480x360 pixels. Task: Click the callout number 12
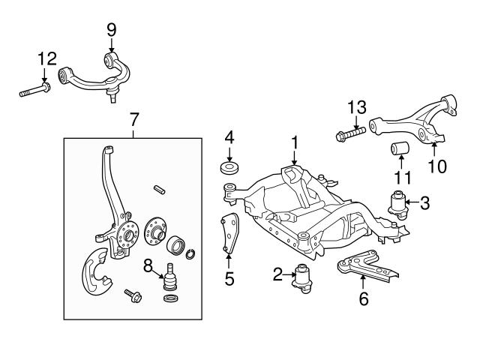point(46,58)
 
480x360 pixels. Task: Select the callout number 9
point(111,30)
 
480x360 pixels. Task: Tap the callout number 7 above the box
point(133,118)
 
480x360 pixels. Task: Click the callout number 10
point(436,166)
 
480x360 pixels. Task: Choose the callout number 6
point(364,298)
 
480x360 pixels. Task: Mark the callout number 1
point(295,141)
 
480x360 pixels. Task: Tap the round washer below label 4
point(229,167)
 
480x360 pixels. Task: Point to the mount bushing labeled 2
point(304,277)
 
